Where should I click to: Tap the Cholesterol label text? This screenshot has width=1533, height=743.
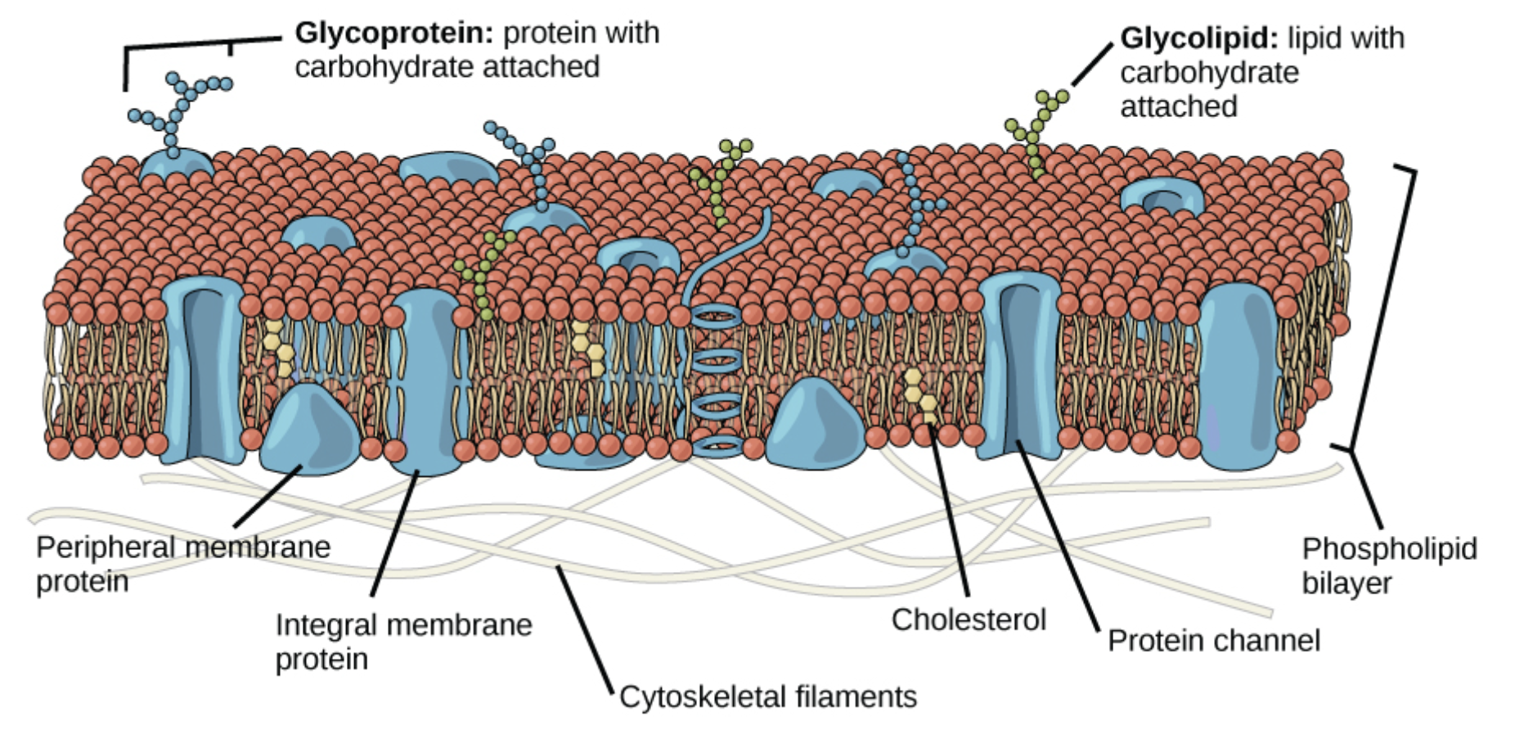pos(969,619)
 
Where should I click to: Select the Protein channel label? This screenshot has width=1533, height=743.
pos(1213,640)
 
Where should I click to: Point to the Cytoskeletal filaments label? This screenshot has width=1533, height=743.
pos(767,696)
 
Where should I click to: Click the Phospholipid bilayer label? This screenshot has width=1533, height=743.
pos(1389,565)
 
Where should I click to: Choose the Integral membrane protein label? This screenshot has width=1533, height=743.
pos(402,641)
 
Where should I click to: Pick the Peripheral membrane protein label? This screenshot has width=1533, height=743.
pos(182,563)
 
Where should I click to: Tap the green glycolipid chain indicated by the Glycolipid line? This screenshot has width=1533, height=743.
pos(1036,131)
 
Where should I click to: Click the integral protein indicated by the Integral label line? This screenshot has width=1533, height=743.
pos(425,385)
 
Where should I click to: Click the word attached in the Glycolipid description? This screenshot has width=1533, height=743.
pos(1178,106)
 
